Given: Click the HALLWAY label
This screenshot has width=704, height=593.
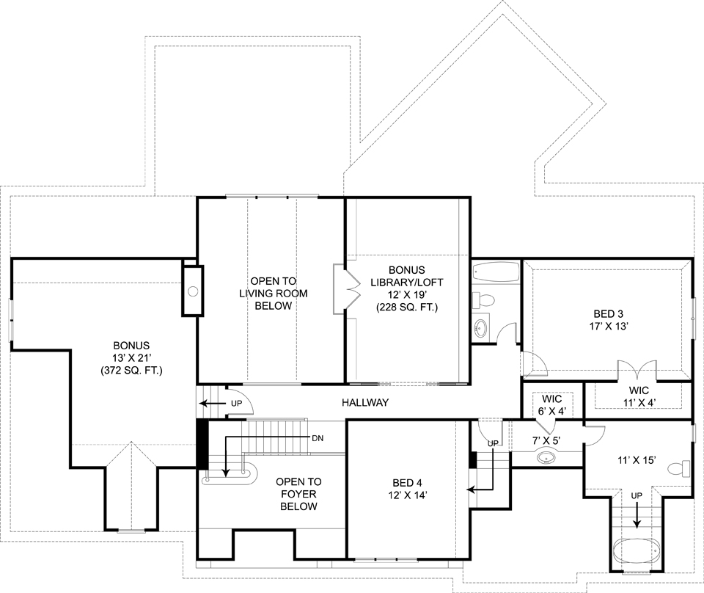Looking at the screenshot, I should [x=364, y=403].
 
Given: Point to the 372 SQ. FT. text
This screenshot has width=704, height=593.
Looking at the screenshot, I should [x=131, y=371].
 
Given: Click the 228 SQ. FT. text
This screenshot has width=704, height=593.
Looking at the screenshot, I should [x=407, y=308].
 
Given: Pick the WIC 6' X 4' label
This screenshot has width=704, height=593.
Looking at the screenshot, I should [x=551, y=405].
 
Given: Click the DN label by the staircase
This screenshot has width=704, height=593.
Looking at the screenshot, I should [x=318, y=438].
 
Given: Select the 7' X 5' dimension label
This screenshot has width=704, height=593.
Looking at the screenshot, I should [x=545, y=441].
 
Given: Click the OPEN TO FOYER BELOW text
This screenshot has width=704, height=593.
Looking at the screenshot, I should [x=296, y=495].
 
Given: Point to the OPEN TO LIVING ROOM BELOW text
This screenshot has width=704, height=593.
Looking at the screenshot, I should [x=274, y=293].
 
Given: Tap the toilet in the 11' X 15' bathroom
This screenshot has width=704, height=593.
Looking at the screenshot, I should [x=681, y=468].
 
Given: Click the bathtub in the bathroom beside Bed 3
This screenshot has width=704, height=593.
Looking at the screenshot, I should [x=495, y=272].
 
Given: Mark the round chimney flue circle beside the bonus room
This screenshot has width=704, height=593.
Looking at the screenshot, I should [x=193, y=291].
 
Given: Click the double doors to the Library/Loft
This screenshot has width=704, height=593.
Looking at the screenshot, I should [x=348, y=291].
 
